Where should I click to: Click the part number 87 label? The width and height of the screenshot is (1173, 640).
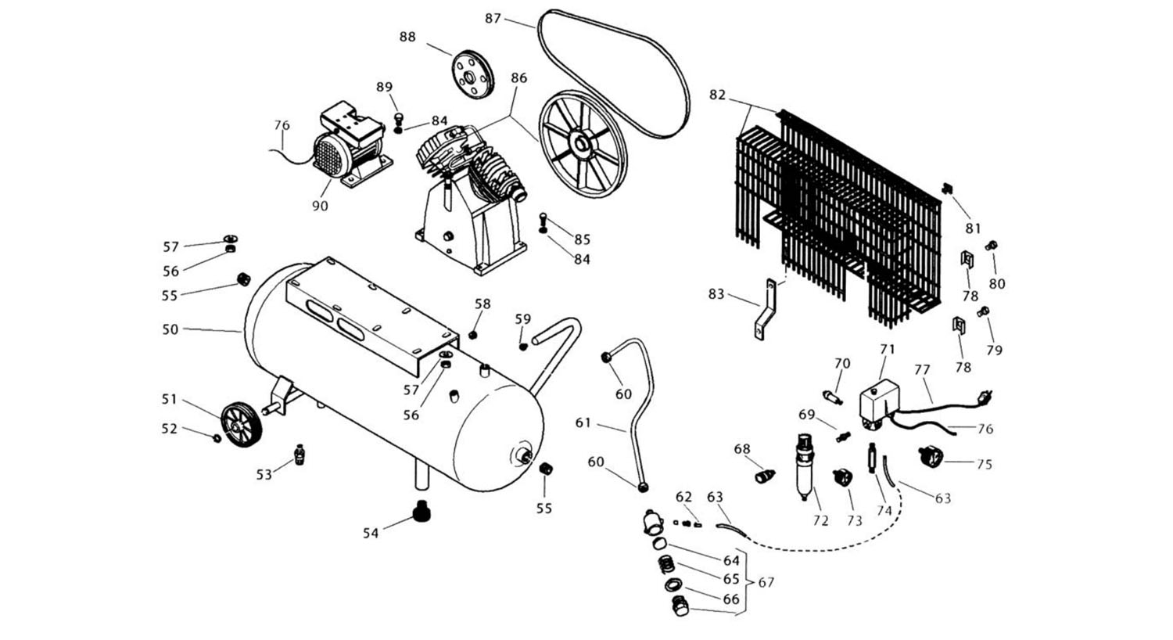click(493, 18)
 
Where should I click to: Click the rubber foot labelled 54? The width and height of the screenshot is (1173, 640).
click(423, 513)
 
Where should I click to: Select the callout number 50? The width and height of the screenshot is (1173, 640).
click(170, 330)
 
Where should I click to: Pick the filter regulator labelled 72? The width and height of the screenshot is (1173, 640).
click(804, 465)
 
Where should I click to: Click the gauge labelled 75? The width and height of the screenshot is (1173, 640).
click(931, 455)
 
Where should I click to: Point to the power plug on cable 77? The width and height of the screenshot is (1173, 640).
click(986, 399)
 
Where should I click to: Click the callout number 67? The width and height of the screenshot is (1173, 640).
click(766, 583)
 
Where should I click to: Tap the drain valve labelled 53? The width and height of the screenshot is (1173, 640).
click(298, 454)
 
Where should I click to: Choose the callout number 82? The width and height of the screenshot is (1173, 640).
click(717, 95)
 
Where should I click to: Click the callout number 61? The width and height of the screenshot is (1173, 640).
click(583, 422)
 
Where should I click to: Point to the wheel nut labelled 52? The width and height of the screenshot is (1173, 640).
click(217, 437)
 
